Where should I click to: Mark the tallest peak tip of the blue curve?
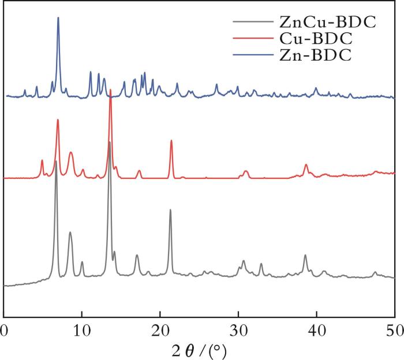[x=58, y=17]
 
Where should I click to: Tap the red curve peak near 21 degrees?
[x=171, y=140]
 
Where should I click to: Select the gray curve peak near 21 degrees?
[x=170, y=210]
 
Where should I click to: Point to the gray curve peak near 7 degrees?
[x=56, y=161]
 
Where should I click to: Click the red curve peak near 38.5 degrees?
[x=306, y=165]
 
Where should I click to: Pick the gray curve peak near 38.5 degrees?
[x=305, y=255]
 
